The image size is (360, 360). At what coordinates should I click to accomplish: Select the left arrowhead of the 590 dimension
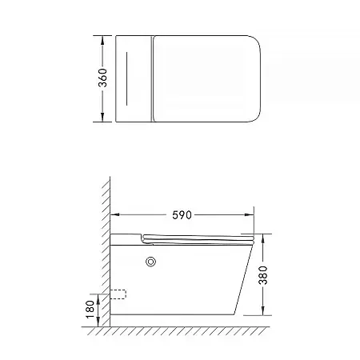(x=114, y=215)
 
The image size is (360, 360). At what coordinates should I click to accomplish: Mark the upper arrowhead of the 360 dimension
(x=103, y=38)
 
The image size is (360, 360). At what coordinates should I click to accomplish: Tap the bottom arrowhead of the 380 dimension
(x=265, y=313)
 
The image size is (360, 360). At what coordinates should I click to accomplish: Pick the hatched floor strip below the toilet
(x=184, y=330)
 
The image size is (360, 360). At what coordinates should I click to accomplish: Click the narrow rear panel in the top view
(x=134, y=78)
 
